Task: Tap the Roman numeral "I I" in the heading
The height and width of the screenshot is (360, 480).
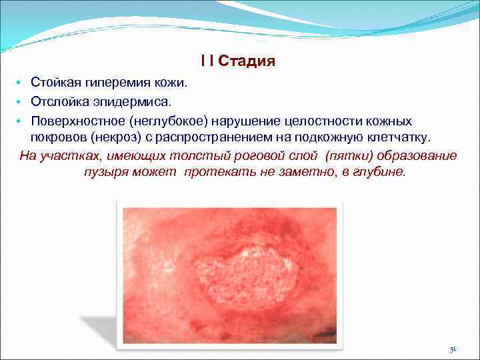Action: pos(207,62)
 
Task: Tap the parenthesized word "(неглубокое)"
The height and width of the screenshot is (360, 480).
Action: pos(169,121)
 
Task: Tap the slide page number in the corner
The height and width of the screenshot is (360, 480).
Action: pos(453,349)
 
